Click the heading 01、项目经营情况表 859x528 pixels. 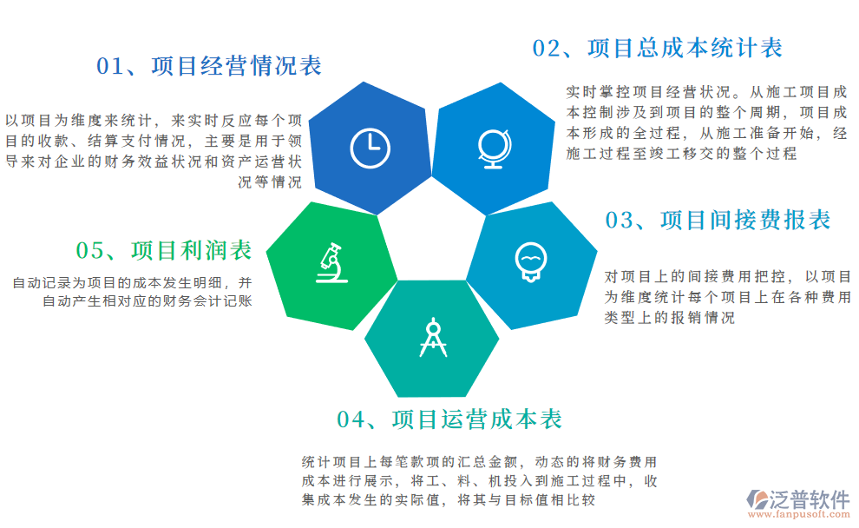pyautogui.click(x=209, y=66)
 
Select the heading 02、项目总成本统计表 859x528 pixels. pyautogui.click(x=657, y=48)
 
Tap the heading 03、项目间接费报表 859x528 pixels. pyautogui.click(x=718, y=221)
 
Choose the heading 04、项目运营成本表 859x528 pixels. pyautogui.click(x=449, y=420)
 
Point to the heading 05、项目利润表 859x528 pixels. pyautogui.click(x=164, y=251)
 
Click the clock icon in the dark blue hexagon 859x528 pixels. pyautogui.click(x=370, y=148)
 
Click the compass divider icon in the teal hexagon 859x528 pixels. pyautogui.click(x=432, y=339)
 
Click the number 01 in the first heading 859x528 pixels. pyautogui.click(x=110, y=67)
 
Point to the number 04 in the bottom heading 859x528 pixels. pyautogui.click(x=351, y=421)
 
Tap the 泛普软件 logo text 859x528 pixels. pyautogui.click(x=810, y=498)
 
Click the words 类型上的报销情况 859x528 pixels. pyautogui.click(x=669, y=319)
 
